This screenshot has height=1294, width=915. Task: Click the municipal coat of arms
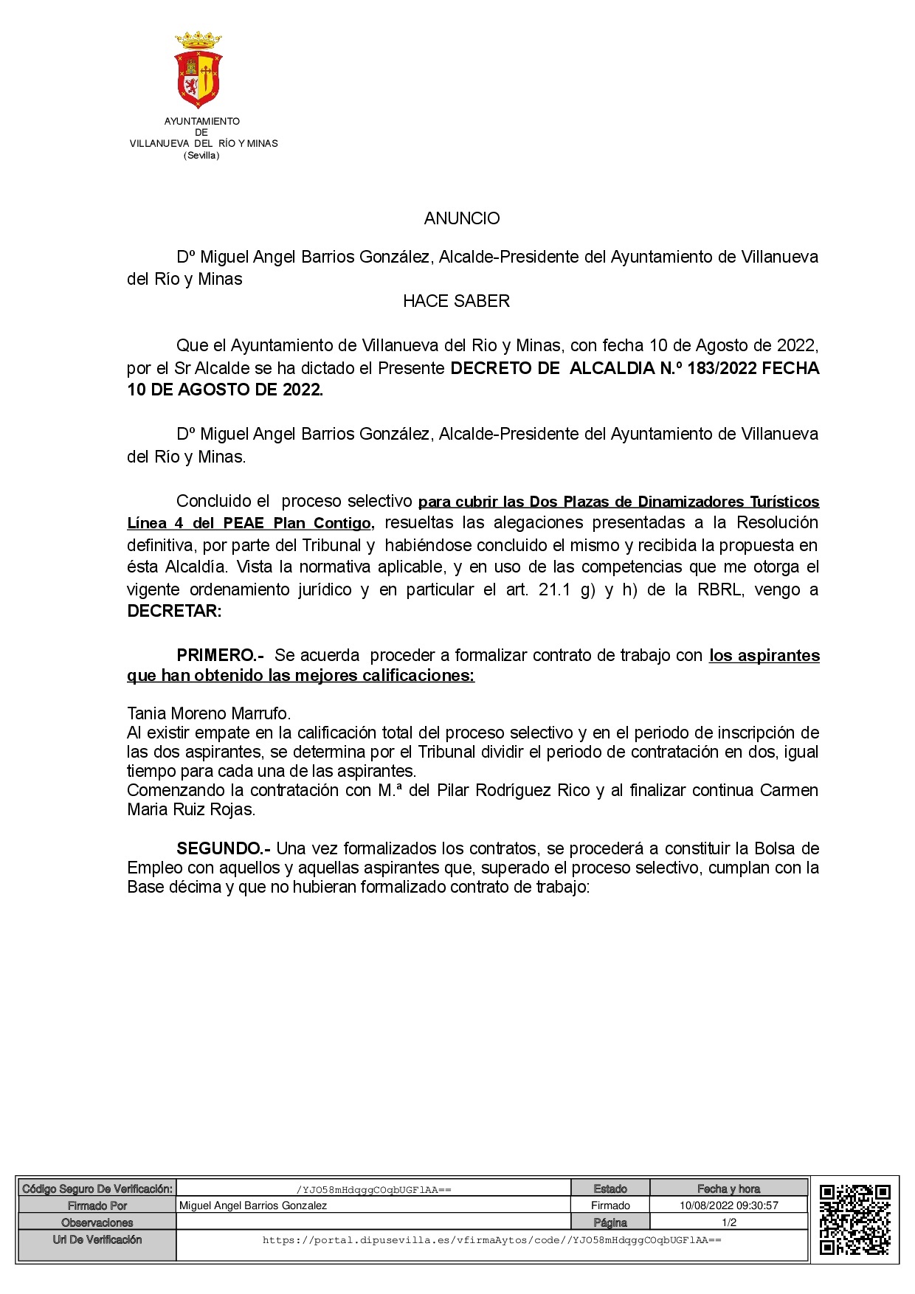(x=198, y=70)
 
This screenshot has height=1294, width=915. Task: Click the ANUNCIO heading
(x=462, y=218)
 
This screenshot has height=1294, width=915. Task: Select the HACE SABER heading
(x=456, y=301)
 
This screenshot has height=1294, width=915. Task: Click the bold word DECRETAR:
(x=174, y=611)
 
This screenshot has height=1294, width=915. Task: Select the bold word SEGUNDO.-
(x=223, y=848)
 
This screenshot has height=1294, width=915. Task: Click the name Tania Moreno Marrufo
(x=209, y=713)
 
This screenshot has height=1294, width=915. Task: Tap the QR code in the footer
(x=854, y=1219)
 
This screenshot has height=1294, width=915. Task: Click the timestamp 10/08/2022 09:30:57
(x=728, y=1205)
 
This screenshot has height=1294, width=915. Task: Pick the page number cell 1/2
(x=728, y=1222)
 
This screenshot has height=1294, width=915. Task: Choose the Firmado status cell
(x=610, y=1205)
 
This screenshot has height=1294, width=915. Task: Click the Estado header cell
(x=610, y=1189)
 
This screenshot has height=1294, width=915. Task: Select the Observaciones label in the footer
(x=97, y=1222)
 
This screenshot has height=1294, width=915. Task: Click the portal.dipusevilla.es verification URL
(x=491, y=1240)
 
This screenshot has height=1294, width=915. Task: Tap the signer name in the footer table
(x=253, y=1205)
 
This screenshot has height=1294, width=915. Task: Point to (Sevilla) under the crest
(x=201, y=156)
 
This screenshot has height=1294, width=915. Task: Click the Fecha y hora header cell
(x=728, y=1189)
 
